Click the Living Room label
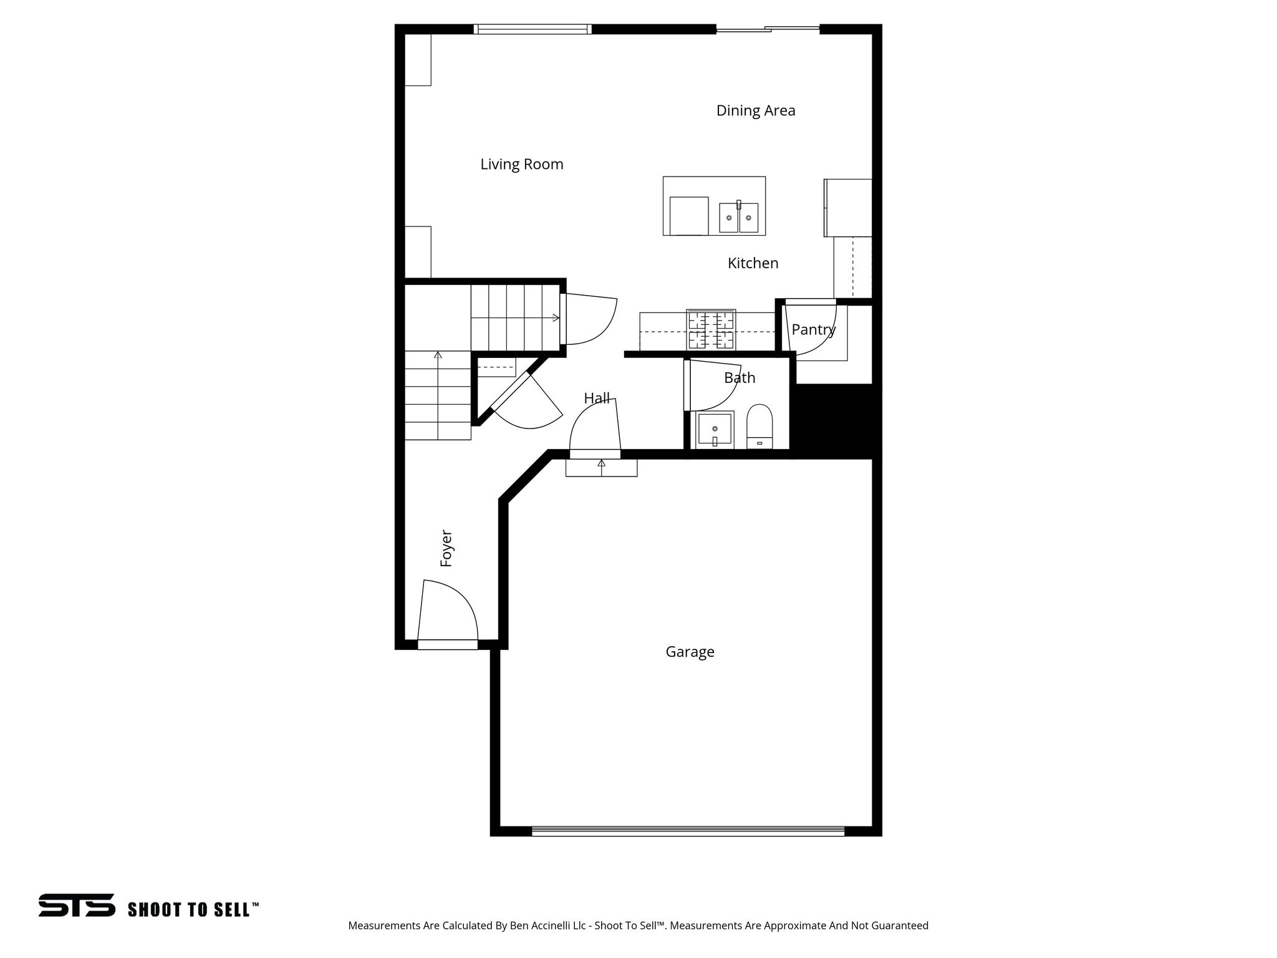coord(521,165)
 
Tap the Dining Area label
coord(755,111)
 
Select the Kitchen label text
coord(753,263)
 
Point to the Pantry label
coord(813,329)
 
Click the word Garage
coord(690,652)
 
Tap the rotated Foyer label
coord(446,548)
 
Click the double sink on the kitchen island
coord(739,218)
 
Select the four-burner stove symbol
coord(711,330)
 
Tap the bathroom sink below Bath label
coord(715,429)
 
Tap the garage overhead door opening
coord(688,831)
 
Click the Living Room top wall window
coord(532,29)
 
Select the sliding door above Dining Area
coord(767,29)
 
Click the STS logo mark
coord(77,905)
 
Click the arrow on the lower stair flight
coord(438,356)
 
